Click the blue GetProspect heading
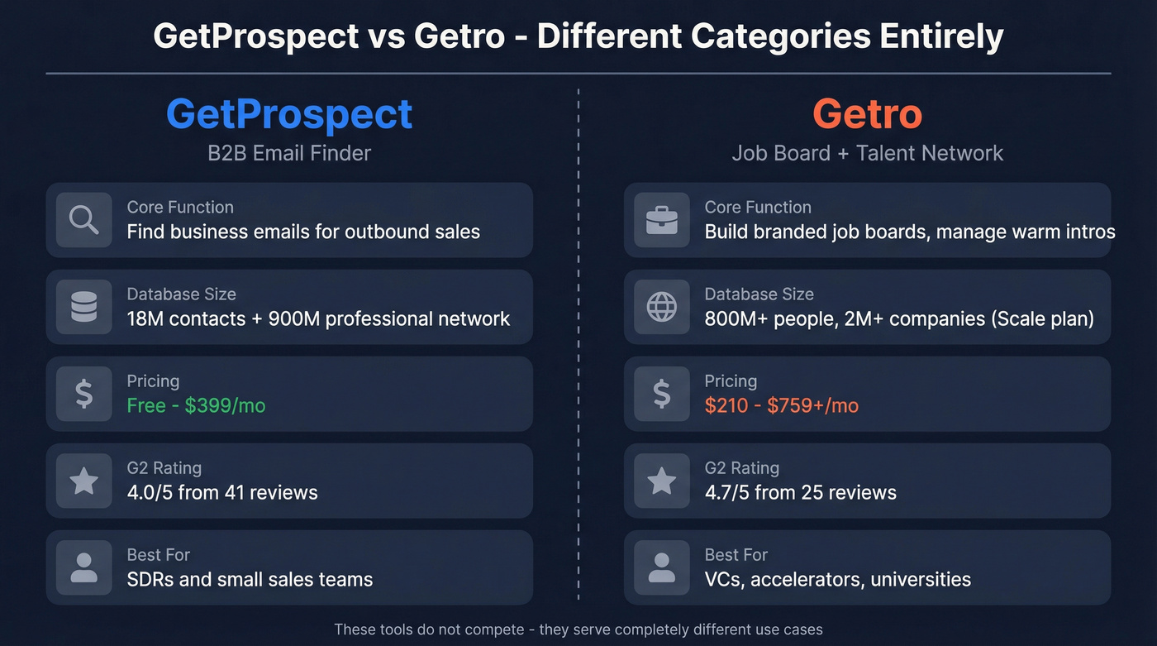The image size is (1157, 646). point(289,113)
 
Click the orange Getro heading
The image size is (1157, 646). point(867,113)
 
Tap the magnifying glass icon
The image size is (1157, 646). point(83,220)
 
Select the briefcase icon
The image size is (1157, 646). point(661,220)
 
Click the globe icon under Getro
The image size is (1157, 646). point(661,307)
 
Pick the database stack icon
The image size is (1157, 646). point(83,307)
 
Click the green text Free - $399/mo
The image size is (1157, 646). point(196,405)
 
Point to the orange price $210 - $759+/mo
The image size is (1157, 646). point(781,405)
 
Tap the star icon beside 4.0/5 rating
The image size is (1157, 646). point(83,481)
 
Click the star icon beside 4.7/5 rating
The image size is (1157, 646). point(661,481)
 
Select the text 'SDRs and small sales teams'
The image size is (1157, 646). point(250,579)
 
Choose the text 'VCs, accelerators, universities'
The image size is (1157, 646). point(837,579)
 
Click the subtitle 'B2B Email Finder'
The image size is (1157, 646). point(289,153)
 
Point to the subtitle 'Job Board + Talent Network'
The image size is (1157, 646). point(867,153)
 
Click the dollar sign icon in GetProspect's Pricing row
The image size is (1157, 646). point(83,394)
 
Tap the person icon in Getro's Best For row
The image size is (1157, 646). point(661,567)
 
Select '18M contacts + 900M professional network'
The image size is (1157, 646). point(318,318)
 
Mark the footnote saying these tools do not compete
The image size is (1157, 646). point(578,629)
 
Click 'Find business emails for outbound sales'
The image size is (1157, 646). point(303,232)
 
